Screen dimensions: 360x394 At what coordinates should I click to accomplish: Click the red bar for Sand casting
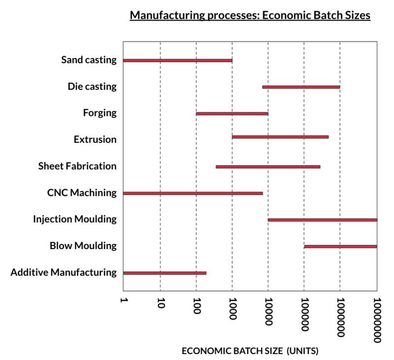point(177,61)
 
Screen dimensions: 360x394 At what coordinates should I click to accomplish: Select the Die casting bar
point(301,87)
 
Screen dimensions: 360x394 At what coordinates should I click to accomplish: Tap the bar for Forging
point(232,114)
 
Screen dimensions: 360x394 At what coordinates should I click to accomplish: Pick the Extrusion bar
point(280,136)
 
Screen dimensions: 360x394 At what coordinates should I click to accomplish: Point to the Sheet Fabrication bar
point(268,167)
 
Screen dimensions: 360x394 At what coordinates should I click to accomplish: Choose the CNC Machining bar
point(193,194)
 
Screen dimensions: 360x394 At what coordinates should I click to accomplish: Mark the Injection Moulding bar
point(323,220)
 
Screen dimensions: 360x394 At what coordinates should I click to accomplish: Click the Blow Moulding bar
point(340,246)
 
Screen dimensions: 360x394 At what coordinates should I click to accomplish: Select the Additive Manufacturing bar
point(164,273)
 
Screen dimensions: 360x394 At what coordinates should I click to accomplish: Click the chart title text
point(250,15)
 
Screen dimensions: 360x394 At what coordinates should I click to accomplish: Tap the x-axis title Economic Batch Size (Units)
point(250,351)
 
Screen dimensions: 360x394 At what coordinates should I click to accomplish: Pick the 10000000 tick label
point(377,319)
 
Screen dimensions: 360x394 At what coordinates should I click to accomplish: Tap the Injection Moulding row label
point(75,219)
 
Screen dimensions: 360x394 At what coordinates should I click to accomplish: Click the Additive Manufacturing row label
point(64,272)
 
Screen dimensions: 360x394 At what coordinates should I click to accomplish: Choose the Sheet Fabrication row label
point(77,166)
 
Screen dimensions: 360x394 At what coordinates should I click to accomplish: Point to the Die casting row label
point(92,87)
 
